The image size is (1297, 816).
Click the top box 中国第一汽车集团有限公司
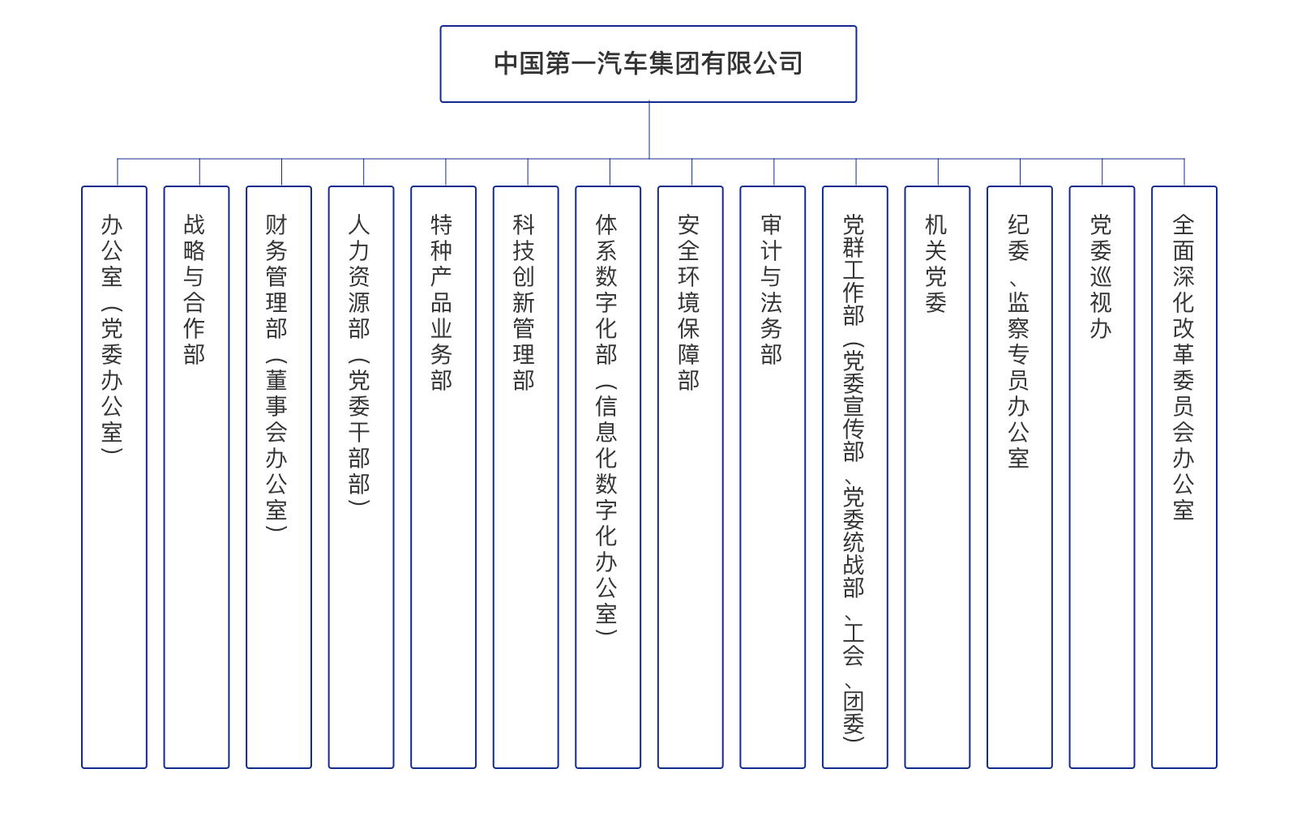648,64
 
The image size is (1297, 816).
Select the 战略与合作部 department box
196,476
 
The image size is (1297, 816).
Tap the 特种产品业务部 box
443,476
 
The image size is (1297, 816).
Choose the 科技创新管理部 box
526,476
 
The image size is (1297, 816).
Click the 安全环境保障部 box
690,476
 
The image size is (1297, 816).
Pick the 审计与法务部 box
773,476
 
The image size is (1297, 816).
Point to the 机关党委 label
936,264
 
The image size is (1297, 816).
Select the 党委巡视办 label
1101,276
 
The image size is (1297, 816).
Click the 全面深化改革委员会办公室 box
1184,476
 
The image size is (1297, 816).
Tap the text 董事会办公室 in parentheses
276,444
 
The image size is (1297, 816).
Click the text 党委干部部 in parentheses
359,432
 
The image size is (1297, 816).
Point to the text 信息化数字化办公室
606,510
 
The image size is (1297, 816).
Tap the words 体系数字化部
606,289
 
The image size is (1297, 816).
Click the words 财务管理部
276,276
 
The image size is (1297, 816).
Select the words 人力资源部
359,276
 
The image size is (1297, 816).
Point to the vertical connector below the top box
649,130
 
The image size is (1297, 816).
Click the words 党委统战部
854,542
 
